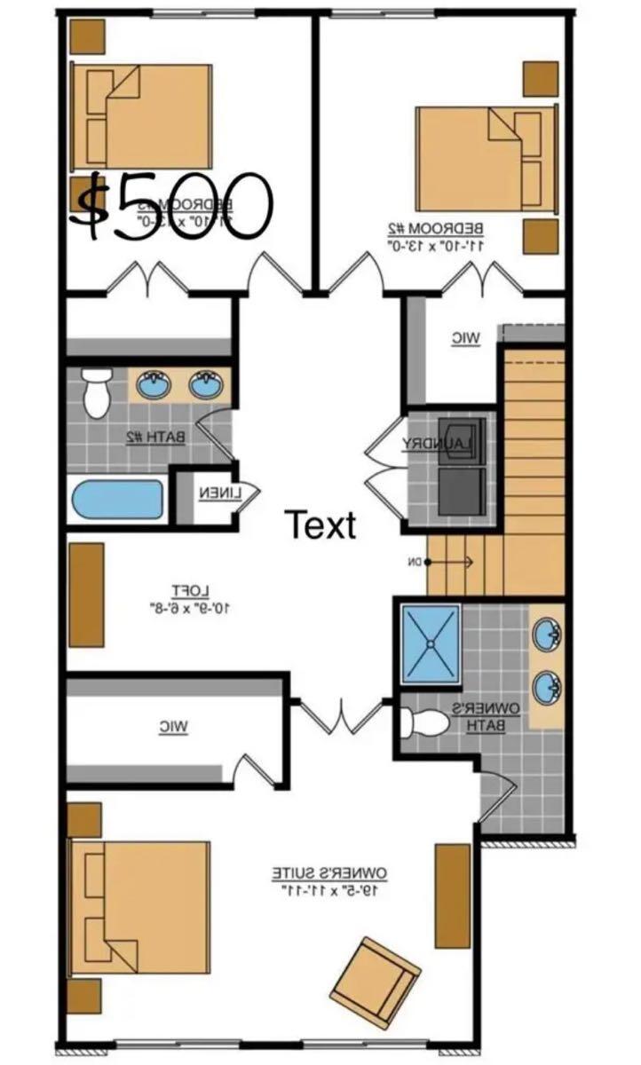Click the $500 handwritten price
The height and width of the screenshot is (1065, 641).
[171, 206]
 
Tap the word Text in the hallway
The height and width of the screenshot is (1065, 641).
[320, 525]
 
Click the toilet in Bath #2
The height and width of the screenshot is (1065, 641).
[96, 393]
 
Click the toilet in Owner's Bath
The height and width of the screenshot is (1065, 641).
[423, 724]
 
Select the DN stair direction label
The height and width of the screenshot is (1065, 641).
[415, 561]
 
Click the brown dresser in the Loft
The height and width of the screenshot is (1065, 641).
[86, 595]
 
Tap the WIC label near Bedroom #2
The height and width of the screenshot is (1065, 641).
[465, 338]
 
